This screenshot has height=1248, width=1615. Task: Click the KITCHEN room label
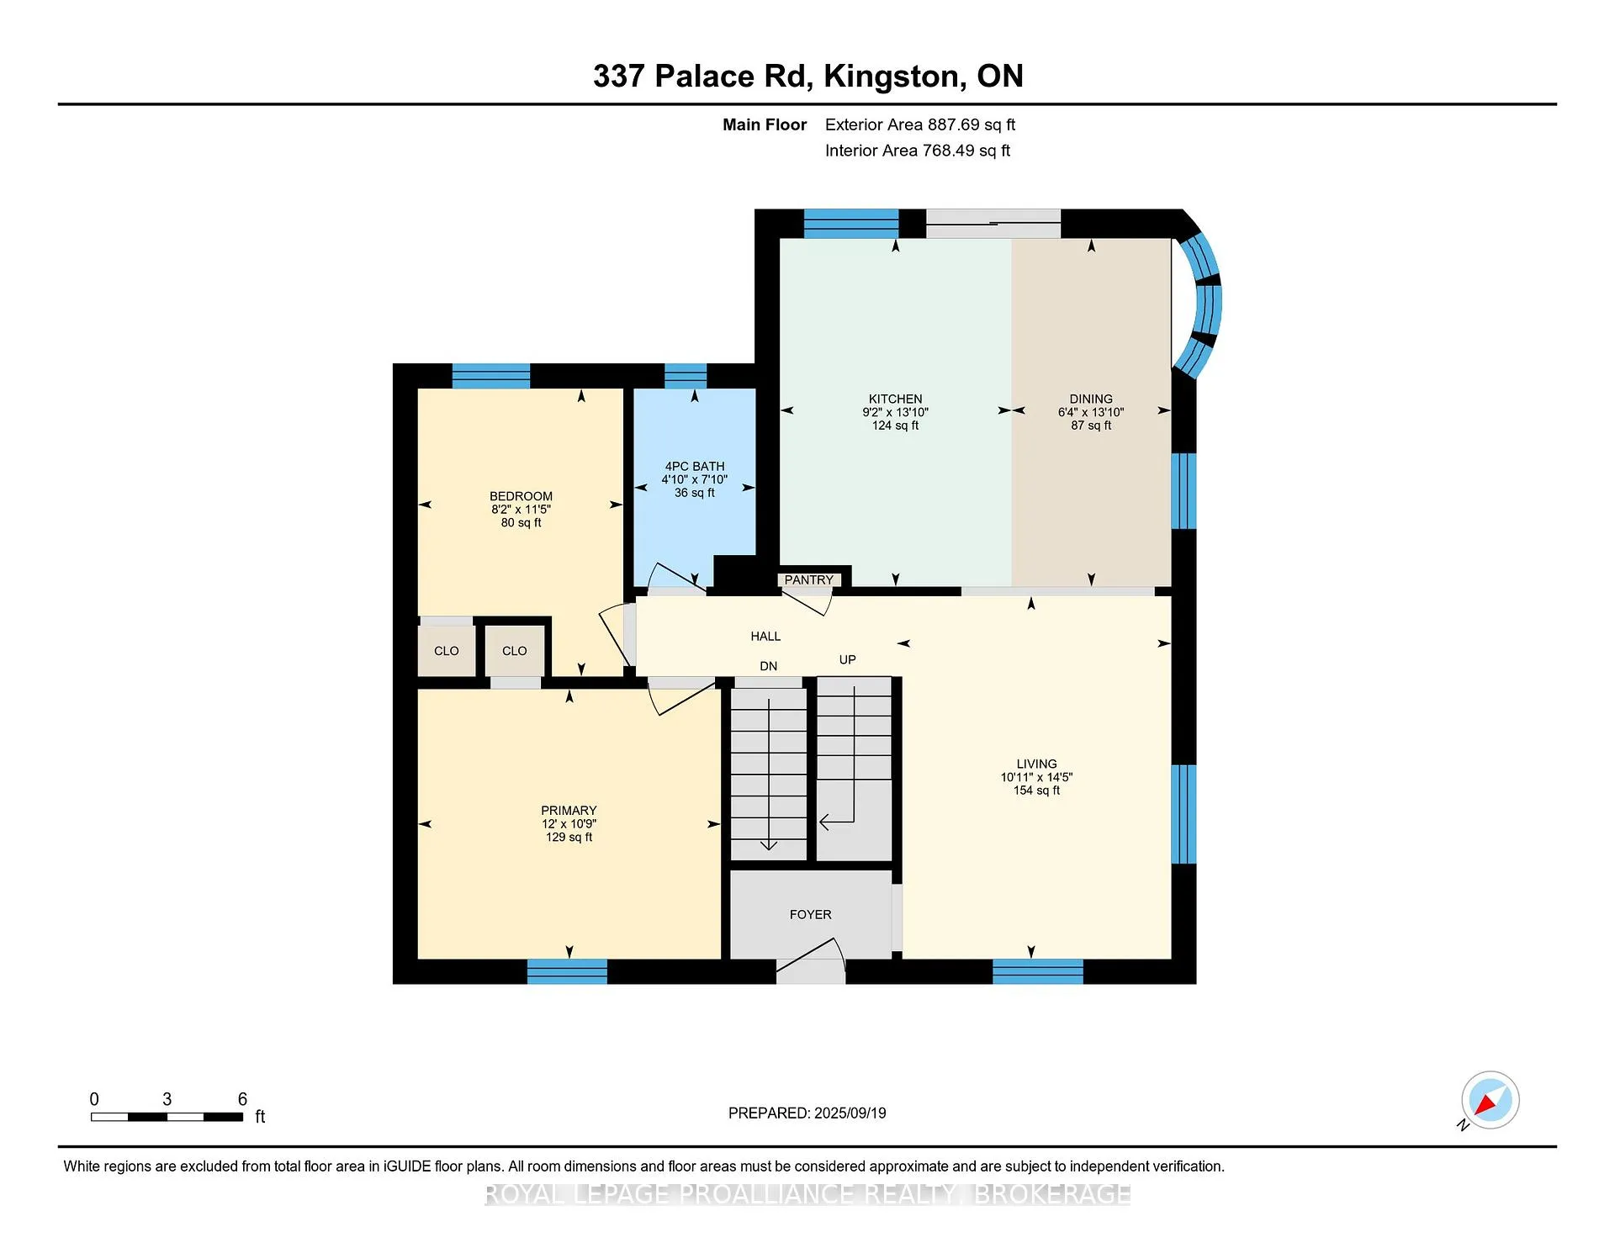(x=895, y=399)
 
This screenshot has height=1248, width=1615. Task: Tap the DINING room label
(x=1091, y=399)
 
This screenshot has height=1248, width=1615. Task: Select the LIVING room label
(x=1036, y=764)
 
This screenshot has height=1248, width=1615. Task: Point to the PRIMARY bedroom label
(x=569, y=811)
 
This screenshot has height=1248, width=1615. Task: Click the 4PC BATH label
(x=695, y=467)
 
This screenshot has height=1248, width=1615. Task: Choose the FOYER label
(x=810, y=914)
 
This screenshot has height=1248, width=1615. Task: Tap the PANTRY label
(x=808, y=580)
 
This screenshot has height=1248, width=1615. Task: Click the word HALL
(x=765, y=637)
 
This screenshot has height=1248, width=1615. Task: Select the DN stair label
(x=769, y=666)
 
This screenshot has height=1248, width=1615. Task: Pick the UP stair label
(x=847, y=660)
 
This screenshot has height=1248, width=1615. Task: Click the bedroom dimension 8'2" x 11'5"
(x=521, y=510)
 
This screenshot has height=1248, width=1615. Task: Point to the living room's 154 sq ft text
(x=1036, y=791)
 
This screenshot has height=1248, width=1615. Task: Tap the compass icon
(x=1490, y=1100)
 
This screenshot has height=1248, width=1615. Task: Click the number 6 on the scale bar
(x=242, y=1099)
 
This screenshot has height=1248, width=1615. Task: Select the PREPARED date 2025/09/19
(x=850, y=1113)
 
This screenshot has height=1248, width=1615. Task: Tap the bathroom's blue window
(x=686, y=376)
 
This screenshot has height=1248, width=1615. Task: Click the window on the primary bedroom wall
(x=567, y=971)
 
